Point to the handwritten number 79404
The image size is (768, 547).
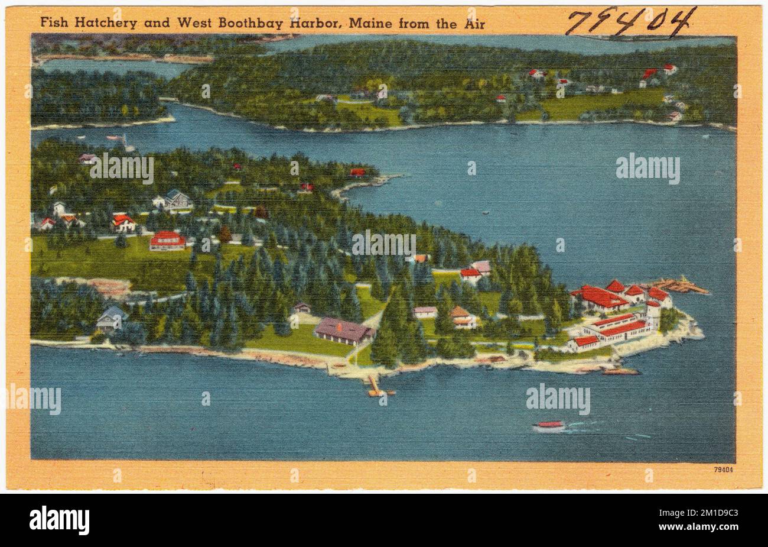(x=630, y=22)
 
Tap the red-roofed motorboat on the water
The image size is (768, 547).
(x=549, y=426)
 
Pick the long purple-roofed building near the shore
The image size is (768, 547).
(x=343, y=330)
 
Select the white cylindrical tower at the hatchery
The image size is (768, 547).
(x=652, y=313)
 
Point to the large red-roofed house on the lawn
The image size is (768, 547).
(x=167, y=240)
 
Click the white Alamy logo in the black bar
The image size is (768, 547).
(x=59, y=520)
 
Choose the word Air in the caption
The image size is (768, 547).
(x=474, y=24)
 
